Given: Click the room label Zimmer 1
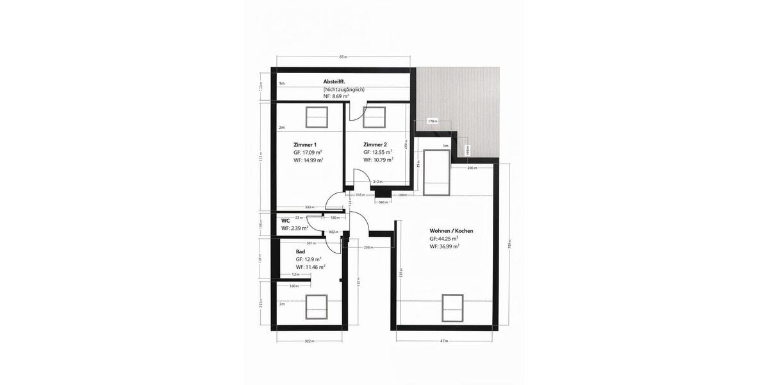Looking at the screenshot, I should pos(305,144).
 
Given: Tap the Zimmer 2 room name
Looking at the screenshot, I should pos(375,144).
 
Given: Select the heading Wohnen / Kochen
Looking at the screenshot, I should pos(452,230).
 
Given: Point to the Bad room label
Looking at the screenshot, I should pos(300,252).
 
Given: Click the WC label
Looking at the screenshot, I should pos(286,220).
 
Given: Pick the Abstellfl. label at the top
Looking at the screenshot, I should pos(335,81).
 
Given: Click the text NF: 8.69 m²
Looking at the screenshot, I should pos(336,96).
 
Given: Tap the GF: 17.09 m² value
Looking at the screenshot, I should pos(308,153).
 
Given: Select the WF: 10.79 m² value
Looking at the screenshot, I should pos(377,160).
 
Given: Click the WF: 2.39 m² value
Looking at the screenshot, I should pos(295,228).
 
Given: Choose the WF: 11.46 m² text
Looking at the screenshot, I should pos(310,266).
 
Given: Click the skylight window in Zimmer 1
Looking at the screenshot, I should pos(316,117).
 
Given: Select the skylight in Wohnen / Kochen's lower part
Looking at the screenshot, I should pos(452,307).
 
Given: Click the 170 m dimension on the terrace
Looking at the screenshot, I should pos(432,121).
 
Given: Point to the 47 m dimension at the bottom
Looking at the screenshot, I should pos(444,341).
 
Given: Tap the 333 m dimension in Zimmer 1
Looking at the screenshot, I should pos(309,207).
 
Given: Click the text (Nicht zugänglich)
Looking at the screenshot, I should pos(344,89).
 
